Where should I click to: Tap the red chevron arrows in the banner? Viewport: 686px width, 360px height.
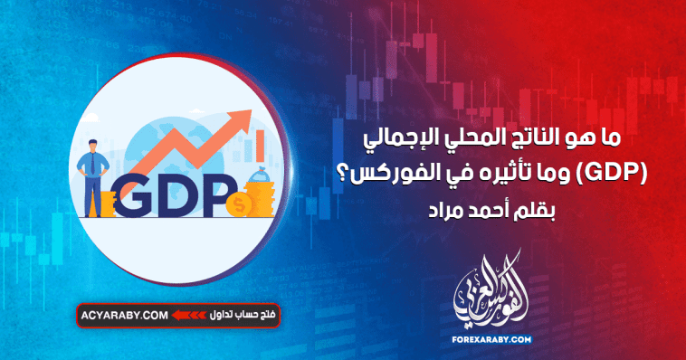coord(186,316)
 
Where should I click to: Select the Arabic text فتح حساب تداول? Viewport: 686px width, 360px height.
coord(230,316)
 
